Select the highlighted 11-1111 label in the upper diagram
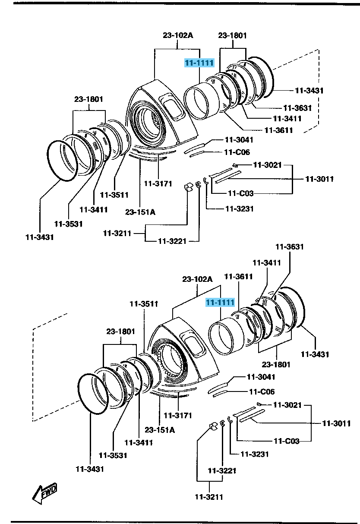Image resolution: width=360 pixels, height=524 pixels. (x=199, y=63)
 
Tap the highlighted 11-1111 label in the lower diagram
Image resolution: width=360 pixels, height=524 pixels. (x=220, y=303)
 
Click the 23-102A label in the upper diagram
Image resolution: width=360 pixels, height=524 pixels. (x=178, y=35)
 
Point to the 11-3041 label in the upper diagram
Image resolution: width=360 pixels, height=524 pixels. (x=239, y=140)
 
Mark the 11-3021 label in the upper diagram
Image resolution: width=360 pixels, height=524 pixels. (x=267, y=164)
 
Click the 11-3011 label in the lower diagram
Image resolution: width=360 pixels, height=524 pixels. (x=336, y=423)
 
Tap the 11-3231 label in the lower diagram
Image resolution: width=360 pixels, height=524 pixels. (x=255, y=454)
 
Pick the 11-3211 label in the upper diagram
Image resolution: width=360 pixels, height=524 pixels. (x=117, y=234)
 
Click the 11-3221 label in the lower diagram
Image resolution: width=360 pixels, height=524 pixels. (x=222, y=470)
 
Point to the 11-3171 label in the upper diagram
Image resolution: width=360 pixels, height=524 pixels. (x=158, y=183)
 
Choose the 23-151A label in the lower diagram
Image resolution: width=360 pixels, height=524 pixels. (x=159, y=430)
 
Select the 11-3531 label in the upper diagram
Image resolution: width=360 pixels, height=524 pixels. (x=69, y=224)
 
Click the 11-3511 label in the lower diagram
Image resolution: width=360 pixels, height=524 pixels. (x=144, y=304)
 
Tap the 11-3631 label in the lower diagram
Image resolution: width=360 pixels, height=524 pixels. (x=290, y=247)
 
